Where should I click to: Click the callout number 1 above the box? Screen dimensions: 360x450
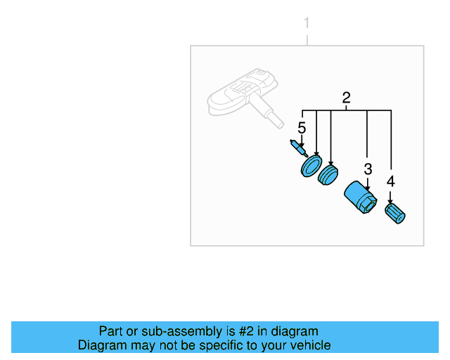(306, 24)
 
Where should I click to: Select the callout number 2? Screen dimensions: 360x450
(346, 98)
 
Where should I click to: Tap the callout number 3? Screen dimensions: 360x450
(367, 169)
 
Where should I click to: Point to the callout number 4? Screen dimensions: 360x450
(390, 181)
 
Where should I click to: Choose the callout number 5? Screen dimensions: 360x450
(302, 128)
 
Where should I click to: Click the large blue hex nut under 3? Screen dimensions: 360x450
(360, 197)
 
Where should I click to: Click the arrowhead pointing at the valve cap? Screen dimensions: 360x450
(390, 201)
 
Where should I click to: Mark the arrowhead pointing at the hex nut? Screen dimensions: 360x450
(367, 183)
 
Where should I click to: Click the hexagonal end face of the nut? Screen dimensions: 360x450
(366, 204)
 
